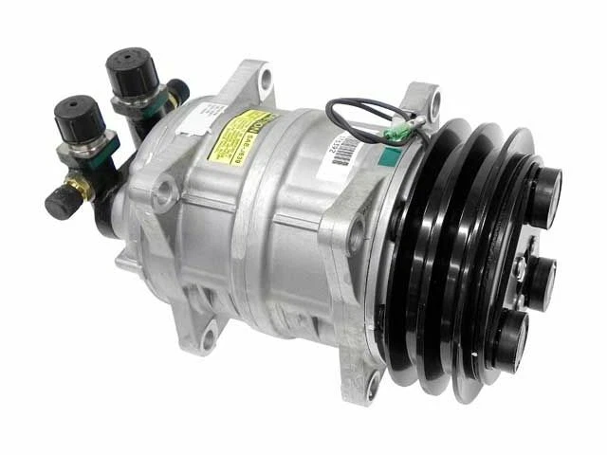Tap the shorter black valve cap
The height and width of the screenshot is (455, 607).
[x=74, y=118]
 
